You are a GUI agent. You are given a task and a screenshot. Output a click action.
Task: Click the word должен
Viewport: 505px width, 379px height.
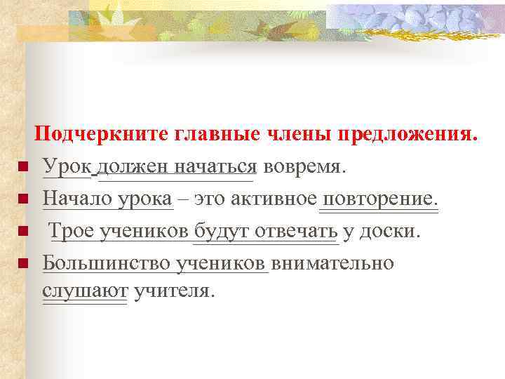point(133,166)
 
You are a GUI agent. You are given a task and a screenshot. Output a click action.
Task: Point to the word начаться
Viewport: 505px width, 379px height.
point(215,166)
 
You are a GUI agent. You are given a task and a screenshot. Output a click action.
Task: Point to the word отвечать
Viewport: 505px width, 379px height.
point(295,231)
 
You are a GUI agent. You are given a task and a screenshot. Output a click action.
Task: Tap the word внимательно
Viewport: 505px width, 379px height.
point(333,263)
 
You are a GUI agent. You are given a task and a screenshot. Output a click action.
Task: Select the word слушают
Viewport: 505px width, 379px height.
point(85,290)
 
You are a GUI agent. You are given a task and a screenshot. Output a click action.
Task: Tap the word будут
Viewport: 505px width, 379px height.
point(219,231)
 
